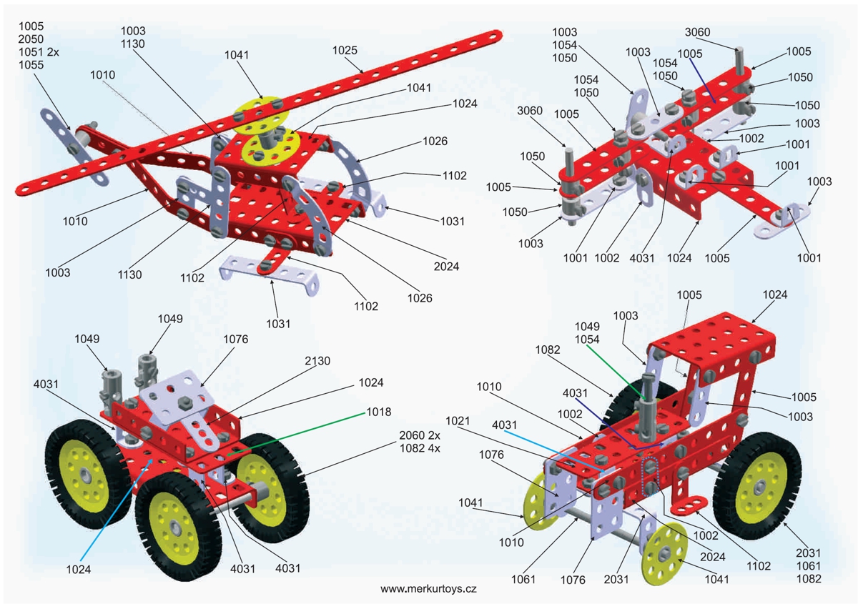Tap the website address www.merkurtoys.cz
coord(428,589)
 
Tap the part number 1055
coord(31,64)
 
